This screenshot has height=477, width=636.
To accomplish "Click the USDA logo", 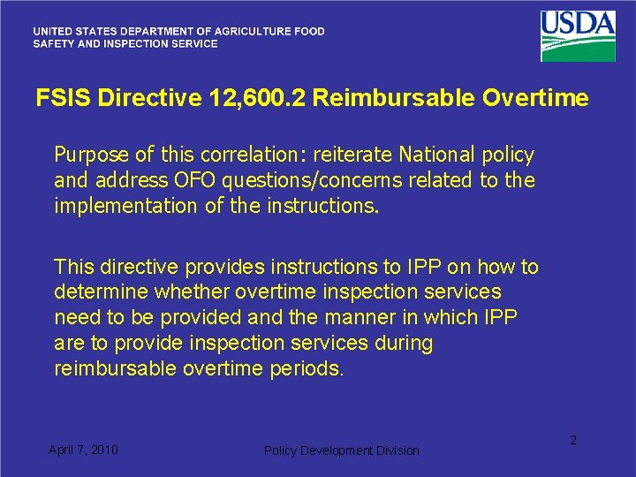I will point(578,34).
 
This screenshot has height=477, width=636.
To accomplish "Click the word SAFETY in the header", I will point(53,43).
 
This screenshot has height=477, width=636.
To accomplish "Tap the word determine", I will point(100,292).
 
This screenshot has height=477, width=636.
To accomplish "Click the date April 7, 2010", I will point(83,450).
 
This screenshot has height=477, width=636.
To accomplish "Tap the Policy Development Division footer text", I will point(342,450).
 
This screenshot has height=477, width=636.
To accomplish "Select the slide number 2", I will point(572,440).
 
